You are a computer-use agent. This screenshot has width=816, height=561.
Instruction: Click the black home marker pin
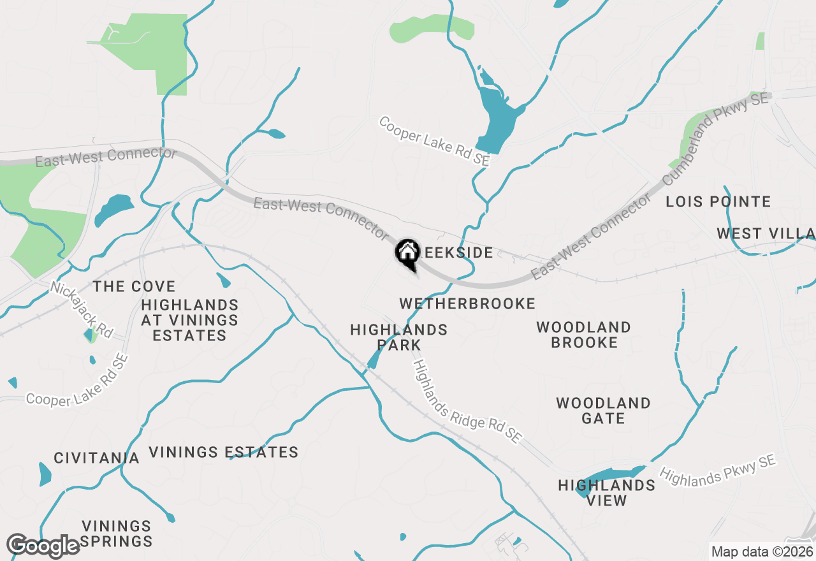pyautogui.click(x=407, y=254)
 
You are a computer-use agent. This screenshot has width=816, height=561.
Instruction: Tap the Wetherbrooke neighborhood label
pyautogui.click(x=467, y=303)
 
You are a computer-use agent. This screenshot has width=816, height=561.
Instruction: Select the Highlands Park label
pyautogui.click(x=399, y=337)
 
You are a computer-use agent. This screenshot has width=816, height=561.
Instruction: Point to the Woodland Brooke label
pyautogui.click(x=584, y=335)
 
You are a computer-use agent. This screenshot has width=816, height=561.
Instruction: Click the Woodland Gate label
pyautogui.click(x=603, y=411)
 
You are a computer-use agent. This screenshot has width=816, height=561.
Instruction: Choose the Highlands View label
pyautogui.click(x=606, y=493)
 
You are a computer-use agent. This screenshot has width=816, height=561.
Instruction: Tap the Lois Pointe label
pyautogui.click(x=718, y=202)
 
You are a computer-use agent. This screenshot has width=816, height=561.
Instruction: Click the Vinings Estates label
pyautogui.click(x=224, y=453)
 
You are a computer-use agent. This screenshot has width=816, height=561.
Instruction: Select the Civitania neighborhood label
pyautogui.click(x=96, y=458)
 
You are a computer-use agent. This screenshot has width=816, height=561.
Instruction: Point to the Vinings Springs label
pyautogui.click(x=117, y=534)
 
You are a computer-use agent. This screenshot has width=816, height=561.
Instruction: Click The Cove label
pyautogui.click(x=134, y=287)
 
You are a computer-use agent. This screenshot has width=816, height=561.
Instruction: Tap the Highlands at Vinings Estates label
pyautogui.click(x=190, y=320)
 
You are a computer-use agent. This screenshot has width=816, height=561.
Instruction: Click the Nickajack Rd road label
pyautogui.click(x=82, y=310)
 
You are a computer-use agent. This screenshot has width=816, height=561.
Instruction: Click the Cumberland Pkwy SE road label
pyautogui.click(x=715, y=138)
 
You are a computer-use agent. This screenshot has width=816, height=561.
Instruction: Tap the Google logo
pyautogui.click(x=43, y=546)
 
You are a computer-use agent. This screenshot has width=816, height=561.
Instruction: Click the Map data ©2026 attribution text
pyautogui.click(x=762, y=551)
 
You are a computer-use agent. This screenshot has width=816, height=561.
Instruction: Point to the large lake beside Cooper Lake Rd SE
pyautogui.click(x=497, y=118)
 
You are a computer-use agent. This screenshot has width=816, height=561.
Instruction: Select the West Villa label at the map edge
pyautogui.click(x=765, y=233)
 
